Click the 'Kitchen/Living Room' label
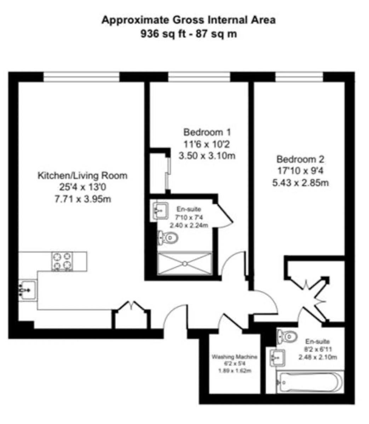click(82, 176)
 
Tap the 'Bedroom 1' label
click(207, 132)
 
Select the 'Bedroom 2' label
click(300, 159)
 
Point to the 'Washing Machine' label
click(235, 357)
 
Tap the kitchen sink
click(28, 290)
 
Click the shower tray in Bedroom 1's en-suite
click(185, 264)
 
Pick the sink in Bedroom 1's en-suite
click(160, 211)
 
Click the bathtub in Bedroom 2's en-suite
click(310, 382)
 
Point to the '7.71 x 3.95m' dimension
click(83, 199)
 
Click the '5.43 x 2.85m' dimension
click(300, 183)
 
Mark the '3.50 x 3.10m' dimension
click(207, 155)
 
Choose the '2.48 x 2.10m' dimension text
click(318, 357)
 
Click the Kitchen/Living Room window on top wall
click(81, 77)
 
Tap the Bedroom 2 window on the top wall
click(299, 77)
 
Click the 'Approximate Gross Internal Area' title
click(189, 20)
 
